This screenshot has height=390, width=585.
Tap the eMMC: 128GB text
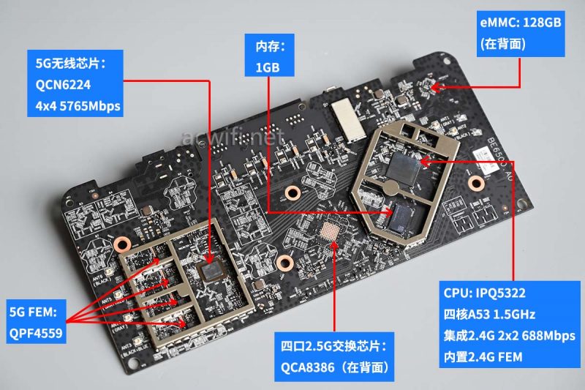pyautogui.click(x=521, y=23)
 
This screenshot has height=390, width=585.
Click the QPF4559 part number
pyautogui.click(x=35, y=333)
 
